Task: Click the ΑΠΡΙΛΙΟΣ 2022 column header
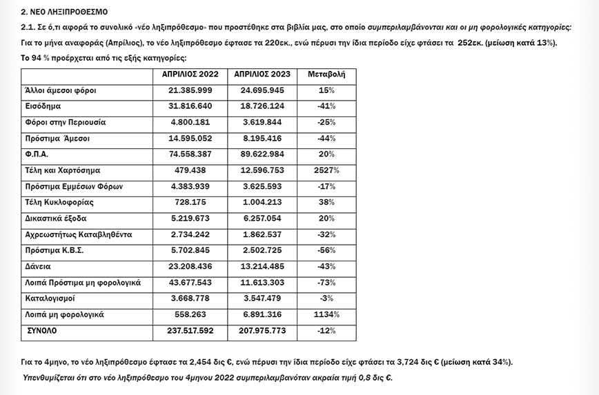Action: [x=190, y=74]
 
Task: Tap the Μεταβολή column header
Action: [x=326, y=74]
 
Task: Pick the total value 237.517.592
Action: [x=190, y=331]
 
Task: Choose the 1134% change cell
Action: [x=326, y=314]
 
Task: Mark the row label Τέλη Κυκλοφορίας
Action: [x=59, y=203]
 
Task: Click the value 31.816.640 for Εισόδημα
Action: [x=190, y=106]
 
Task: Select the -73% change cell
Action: [x=326, y=283]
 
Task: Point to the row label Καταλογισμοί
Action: [x=50, y=298]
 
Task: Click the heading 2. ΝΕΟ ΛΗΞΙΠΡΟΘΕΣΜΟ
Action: [x=64, y=12]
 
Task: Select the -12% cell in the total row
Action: [x=326, y=331]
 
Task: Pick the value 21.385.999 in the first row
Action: [x=190, y=90]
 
